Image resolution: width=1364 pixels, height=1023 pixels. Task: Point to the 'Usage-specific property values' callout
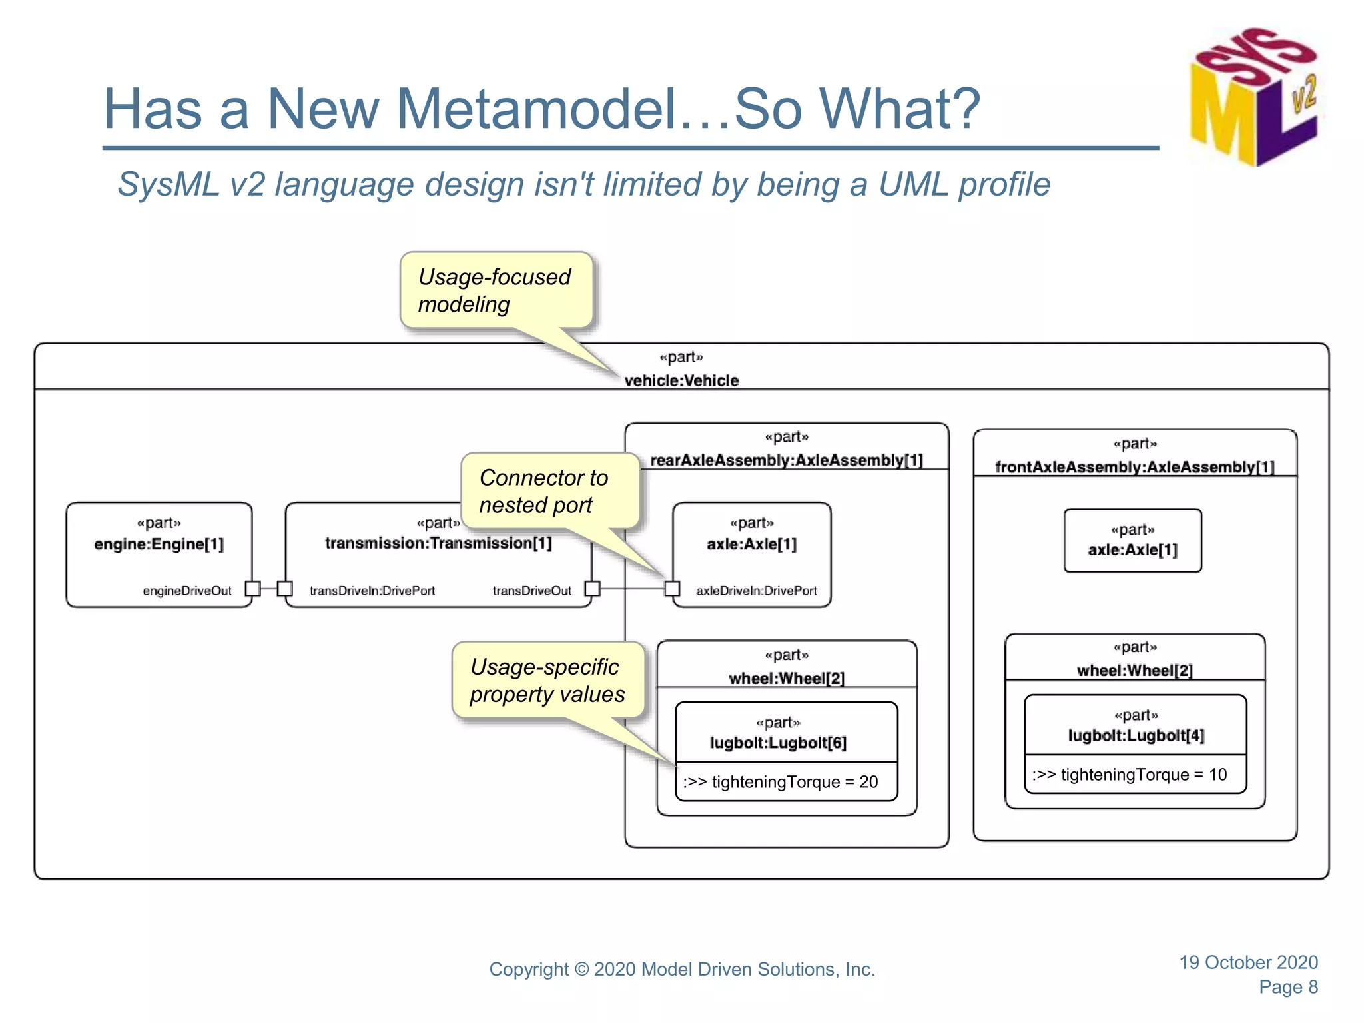[x=547, y=680]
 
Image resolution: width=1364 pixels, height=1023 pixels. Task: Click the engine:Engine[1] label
[x=159, y=544]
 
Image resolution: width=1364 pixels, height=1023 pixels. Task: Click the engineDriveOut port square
[x=252, y=589]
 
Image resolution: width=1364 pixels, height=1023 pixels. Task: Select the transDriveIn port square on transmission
[x=285, y=589]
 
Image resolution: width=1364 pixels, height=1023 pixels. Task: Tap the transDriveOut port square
[x=592, y=589]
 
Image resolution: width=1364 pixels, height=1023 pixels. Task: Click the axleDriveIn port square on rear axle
[x=673, y=589]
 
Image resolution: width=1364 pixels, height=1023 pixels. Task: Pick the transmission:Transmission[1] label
[x=438, y=543]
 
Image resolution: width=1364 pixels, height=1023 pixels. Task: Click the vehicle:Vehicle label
[x=681, y=380]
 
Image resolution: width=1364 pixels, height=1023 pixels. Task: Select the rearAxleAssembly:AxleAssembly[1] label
[x=787, y=460]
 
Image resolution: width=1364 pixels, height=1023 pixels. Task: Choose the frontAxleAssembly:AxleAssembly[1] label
[x=1135, y=467]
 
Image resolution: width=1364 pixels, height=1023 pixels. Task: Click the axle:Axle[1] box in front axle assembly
[x=1133, y=541]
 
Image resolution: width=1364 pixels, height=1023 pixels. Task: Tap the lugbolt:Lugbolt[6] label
[x=778, y=743]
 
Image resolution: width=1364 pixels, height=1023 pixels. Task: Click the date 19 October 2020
[x=1248, y=962]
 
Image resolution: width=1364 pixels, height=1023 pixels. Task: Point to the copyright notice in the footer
[x=682, y=969]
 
